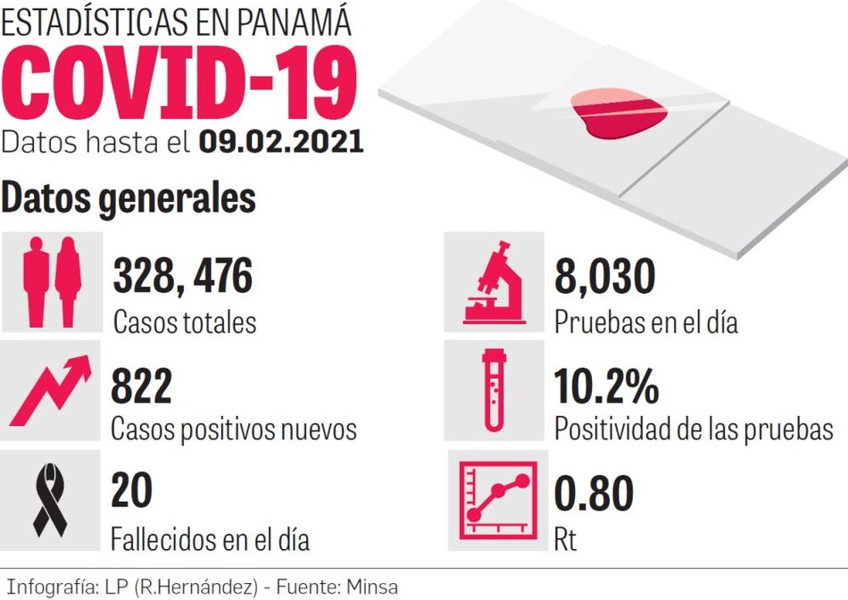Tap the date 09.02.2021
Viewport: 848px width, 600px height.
[x=281, y=143]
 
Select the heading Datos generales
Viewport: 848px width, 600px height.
[x=129, y=198]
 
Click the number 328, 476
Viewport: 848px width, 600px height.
[x=183, y=278]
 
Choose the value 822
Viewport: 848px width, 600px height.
[x=141, y=387]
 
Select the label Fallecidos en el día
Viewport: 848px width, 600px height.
[x=211, y=539]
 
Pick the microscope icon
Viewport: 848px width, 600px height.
[x=494, y=280]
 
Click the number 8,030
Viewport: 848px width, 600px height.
[x=605, y=278]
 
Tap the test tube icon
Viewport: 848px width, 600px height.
[x=494, y=389]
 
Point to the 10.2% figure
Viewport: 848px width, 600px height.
[x=607, y=387]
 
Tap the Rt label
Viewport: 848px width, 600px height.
[x=566, y=539]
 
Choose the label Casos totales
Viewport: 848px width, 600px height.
[x=184, y=321]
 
